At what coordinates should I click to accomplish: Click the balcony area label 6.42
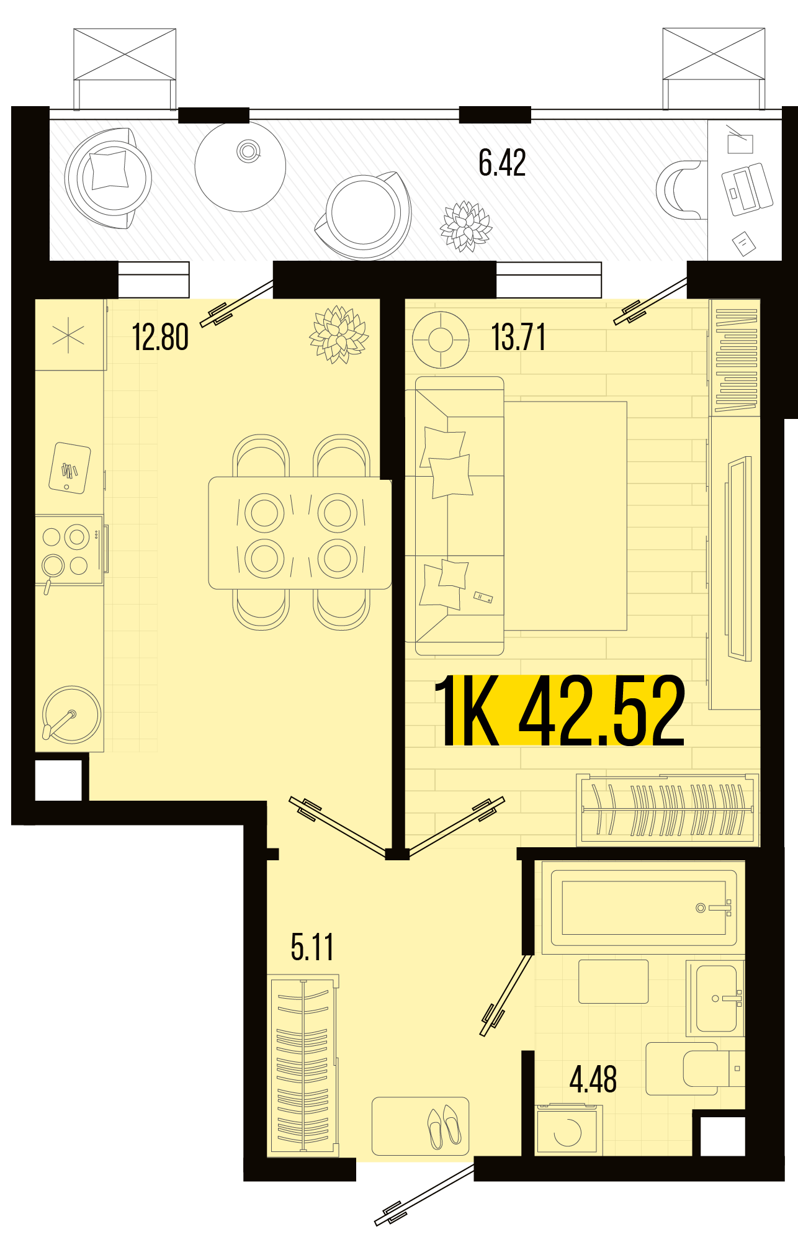coord(502,163)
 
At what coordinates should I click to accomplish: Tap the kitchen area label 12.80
coord(160,338)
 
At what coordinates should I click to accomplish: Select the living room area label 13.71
coord(519,338)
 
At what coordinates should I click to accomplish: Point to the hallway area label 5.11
coord(312,947)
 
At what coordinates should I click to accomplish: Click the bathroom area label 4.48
coord(593,1079)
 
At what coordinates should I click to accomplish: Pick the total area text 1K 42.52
coord(560,711)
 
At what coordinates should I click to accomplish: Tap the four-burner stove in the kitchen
coord(69,551)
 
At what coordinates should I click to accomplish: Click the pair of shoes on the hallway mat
coord(444,1126)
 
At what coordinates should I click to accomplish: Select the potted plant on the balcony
coord(465,226)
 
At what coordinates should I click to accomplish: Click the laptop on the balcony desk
coord(747,189)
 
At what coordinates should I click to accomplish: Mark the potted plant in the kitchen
coord(339,335)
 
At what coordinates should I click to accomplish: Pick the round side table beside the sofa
coord(441,340)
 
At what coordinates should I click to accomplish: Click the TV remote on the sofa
coord(483,597)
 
